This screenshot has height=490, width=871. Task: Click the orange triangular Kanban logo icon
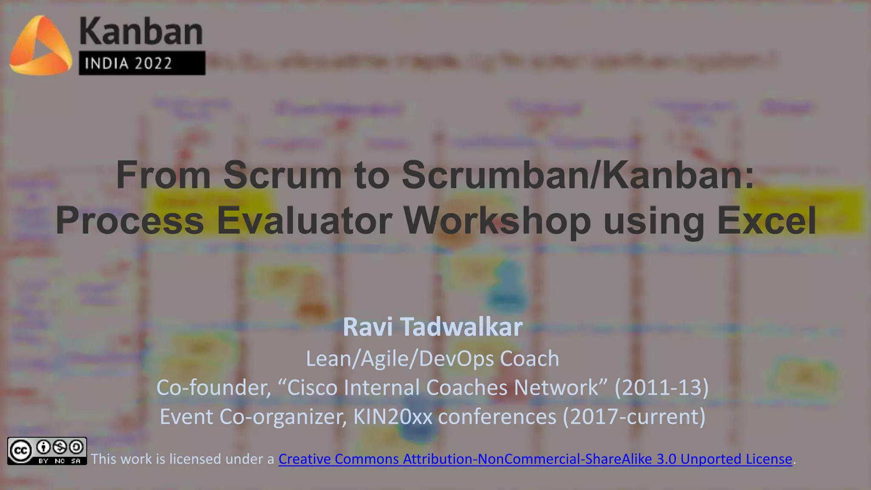point(40,46)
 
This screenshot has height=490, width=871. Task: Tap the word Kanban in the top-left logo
point(141,31)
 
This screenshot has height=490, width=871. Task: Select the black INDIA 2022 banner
point(142,63)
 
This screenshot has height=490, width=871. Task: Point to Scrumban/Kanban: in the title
point(578,175)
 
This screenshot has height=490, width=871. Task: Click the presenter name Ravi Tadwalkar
point(433,327)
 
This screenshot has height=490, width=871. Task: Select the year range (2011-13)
point(661,387)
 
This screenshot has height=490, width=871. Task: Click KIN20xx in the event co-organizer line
point(393,416)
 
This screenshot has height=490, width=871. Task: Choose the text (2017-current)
point(634,416)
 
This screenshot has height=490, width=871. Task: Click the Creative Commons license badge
point(47,451)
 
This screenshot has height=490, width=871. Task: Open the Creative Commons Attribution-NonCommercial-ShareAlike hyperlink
point(535,459)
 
